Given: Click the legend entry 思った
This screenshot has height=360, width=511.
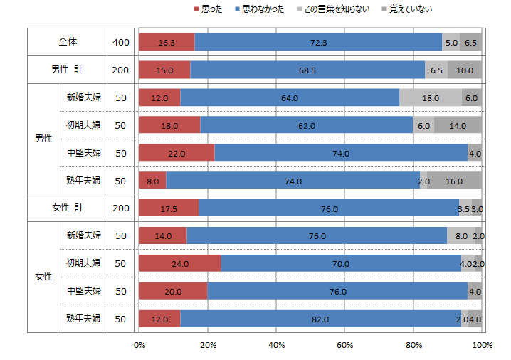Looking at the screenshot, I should tap(206, 9).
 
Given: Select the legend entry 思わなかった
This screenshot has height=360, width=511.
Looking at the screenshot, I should tap(260, 9).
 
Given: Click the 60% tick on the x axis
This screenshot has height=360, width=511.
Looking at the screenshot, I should tap(345, 345).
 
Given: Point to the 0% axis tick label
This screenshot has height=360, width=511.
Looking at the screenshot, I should tap(139, 345).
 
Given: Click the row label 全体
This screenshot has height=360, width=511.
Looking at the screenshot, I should tap(67, 43).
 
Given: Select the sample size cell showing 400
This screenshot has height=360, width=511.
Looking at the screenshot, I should tap(121, 43).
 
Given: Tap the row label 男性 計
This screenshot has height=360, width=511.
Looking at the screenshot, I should tap(67, 70).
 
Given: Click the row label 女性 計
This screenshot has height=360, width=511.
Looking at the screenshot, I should tap(67, 208).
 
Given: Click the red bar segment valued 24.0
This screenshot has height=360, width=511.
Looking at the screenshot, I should tap(180, 263).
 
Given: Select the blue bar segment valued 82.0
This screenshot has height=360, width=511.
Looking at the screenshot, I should tap(321, 319).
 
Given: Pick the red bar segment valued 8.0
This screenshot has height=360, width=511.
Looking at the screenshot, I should tap(153, 181).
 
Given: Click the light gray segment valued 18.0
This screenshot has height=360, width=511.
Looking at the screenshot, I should tap(430, 98).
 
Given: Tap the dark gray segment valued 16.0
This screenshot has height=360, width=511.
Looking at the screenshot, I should tap(454, 181).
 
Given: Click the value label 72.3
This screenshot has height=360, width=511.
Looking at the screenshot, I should tap(318, 43).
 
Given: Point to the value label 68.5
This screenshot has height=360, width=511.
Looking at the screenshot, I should tap(308, 70).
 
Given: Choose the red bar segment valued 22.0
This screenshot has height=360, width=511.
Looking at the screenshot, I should tap(177, 153).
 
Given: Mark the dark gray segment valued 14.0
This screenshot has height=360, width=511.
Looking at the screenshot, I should tap(458, 125).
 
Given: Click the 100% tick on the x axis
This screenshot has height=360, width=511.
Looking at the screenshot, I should tap(482, 345).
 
